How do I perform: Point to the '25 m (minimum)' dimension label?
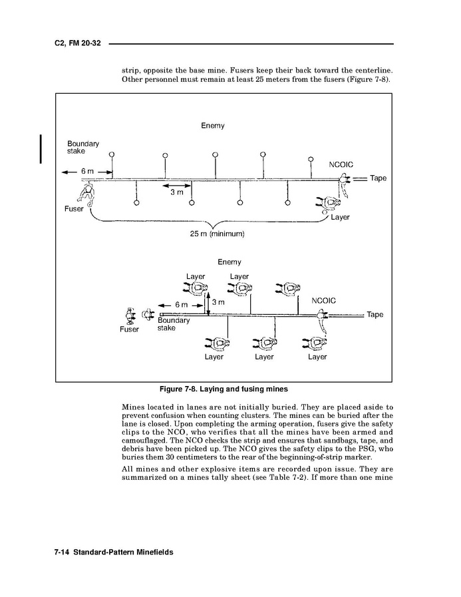(218, 234)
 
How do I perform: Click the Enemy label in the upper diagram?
(212, 126)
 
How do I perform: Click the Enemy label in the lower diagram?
(230, 262)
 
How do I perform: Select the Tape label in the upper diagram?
(378, 178)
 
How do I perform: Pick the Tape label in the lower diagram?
(375, 315)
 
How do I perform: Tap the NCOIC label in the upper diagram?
(341, 164)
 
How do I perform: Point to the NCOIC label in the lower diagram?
(323, 301)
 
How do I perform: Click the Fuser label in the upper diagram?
(74, 209)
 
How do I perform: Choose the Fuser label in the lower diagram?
(129, 329)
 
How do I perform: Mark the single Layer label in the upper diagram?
(340, 217)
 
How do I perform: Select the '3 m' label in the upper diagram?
(176, 192)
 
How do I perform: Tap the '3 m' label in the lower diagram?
(218, 302)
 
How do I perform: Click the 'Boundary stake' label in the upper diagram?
(83, 147)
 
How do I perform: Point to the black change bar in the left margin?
(41, 148)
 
